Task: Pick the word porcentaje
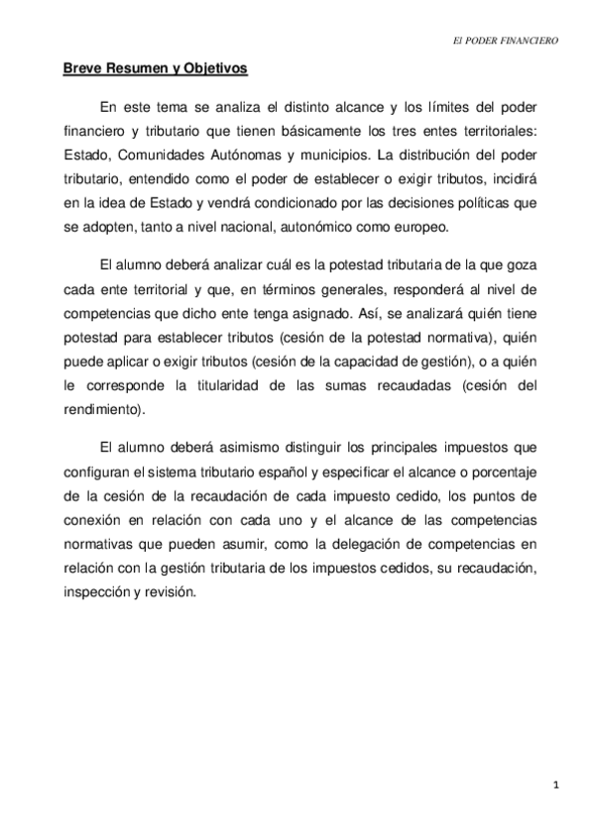(x=506, y=492)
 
